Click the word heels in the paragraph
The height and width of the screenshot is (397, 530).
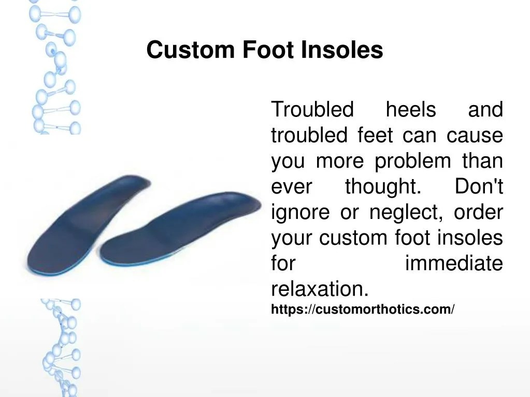[x=411, y=110]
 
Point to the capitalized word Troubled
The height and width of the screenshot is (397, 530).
[x=312, y=110]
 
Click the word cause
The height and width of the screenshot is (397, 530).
[x=475, y=136]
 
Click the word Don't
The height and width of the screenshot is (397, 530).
[x=479, y=187]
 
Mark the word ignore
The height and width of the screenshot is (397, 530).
[x=300, y=213]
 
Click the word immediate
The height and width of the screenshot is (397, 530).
[x=453, y=264]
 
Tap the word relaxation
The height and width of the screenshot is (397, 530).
[x=320, y=289]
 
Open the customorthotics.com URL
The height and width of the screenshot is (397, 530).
[x=363, y=310]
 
